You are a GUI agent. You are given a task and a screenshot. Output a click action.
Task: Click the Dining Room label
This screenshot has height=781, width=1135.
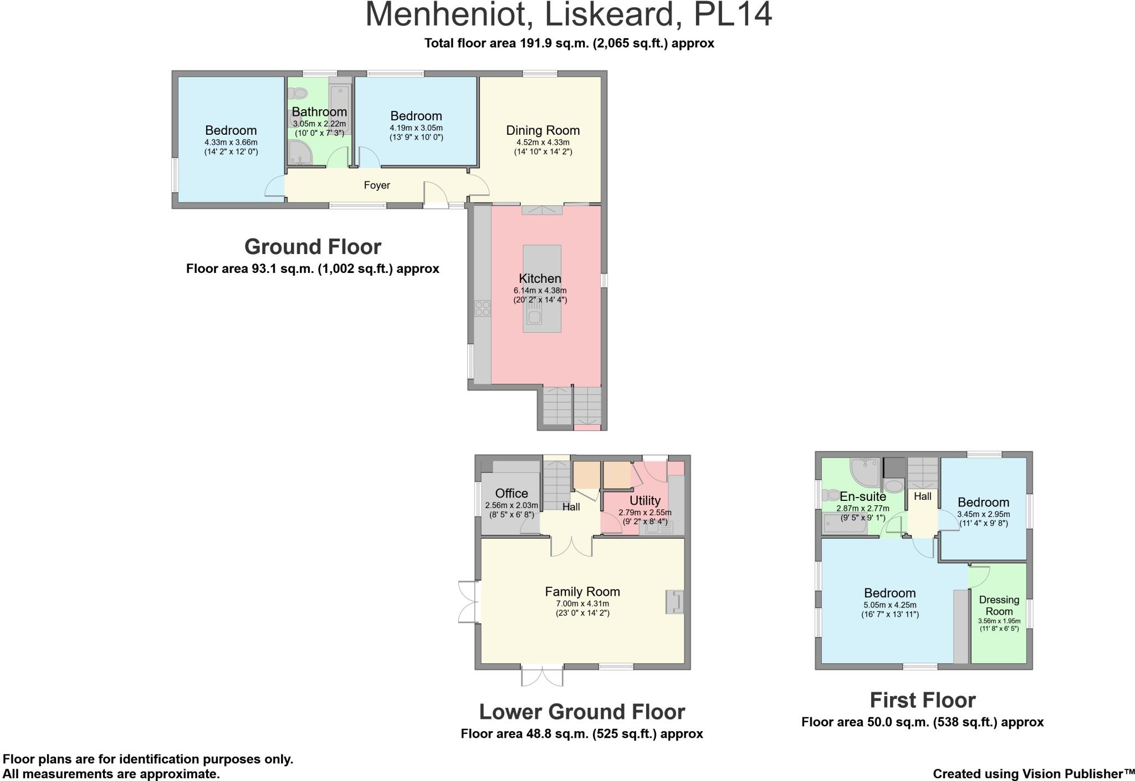click(543, 130)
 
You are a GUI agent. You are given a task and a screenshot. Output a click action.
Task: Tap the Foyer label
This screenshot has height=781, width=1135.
click(377, 185)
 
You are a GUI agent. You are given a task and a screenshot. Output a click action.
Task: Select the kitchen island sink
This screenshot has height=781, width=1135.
click(534, 317)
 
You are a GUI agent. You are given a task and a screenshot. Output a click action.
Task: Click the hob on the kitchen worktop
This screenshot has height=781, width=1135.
click(483, 308)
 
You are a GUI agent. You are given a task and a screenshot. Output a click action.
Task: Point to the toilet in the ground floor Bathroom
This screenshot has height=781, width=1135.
click(298, 93)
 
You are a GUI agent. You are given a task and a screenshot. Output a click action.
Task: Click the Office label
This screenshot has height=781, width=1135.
click(512, 493)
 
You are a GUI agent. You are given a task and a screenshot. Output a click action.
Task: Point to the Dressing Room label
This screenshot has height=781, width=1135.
click(999, 605)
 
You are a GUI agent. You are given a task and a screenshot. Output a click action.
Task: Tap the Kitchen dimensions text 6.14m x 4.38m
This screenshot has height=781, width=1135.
click(540, 291)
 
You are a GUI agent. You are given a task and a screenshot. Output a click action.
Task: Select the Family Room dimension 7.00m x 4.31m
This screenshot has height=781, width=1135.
click(582, 604)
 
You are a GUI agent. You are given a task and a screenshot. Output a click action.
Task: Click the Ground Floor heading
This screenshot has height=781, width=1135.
click(313, 246)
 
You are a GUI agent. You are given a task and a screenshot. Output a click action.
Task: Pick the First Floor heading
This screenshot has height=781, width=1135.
click(923, 700)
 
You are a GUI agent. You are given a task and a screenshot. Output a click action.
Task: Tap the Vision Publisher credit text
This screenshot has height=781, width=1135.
click(1034, 774)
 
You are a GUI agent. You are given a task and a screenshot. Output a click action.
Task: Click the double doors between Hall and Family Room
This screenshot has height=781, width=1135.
click(571, 546)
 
